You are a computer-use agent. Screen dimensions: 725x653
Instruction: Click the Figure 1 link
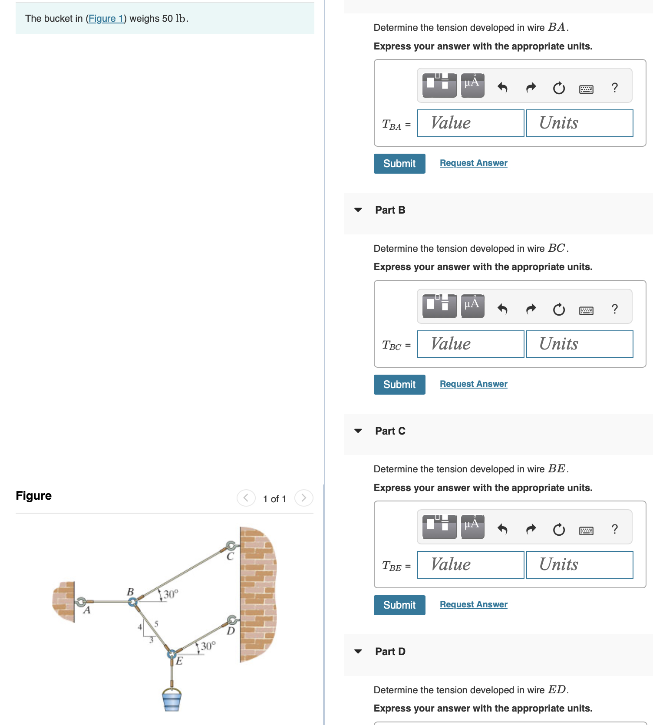coord(106,19)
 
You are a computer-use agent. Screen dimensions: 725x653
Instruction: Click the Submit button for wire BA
coord(399,164)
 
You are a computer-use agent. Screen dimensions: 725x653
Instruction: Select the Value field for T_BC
coord(470,344)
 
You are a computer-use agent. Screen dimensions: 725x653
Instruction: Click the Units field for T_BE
coord(579,565)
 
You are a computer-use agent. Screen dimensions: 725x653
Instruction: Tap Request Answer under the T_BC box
coord(473,384)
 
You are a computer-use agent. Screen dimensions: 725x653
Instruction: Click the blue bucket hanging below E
coord(172,700)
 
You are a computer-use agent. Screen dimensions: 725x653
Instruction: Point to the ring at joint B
coord(133,602)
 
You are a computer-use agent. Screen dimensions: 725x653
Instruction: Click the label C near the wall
coord(230,557)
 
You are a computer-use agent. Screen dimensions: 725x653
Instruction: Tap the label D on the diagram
coord(231,631)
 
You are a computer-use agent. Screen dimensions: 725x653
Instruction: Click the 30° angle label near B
coord(171,594)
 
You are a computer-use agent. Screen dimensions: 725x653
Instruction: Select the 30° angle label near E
coord(208,646)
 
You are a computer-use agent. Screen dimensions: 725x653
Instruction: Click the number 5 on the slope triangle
coord(156,624)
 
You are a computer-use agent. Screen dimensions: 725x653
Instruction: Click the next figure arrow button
coord(303,498)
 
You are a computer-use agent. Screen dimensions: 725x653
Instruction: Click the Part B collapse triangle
coord(358,210)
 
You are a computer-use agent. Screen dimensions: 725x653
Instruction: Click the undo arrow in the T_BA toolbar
coord(502,88)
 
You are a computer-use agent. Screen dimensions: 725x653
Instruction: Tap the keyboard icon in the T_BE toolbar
coord(586,531)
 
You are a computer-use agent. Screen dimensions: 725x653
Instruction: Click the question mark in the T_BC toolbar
coord(614,309)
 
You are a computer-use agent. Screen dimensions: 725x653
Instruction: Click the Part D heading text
coord(390,652)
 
